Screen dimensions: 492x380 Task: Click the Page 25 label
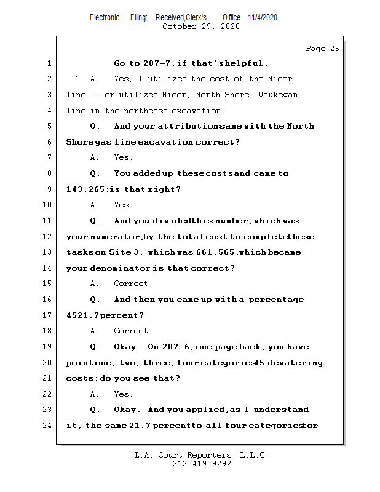click(322, 49)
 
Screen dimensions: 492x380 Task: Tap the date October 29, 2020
click(200, 26)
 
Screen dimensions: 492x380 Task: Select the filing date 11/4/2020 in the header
click(263, 17)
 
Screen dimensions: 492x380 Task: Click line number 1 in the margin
click(49, 63)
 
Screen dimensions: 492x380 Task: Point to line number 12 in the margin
click(47, 237)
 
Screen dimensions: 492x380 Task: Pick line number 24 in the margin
click(47, 426)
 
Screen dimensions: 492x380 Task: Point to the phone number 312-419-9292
click(202, 464)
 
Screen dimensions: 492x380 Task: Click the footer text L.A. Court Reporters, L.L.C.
click(202, 455)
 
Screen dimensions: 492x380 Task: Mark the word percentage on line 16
click(276, 300)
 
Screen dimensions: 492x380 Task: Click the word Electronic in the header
click(105, 17)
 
